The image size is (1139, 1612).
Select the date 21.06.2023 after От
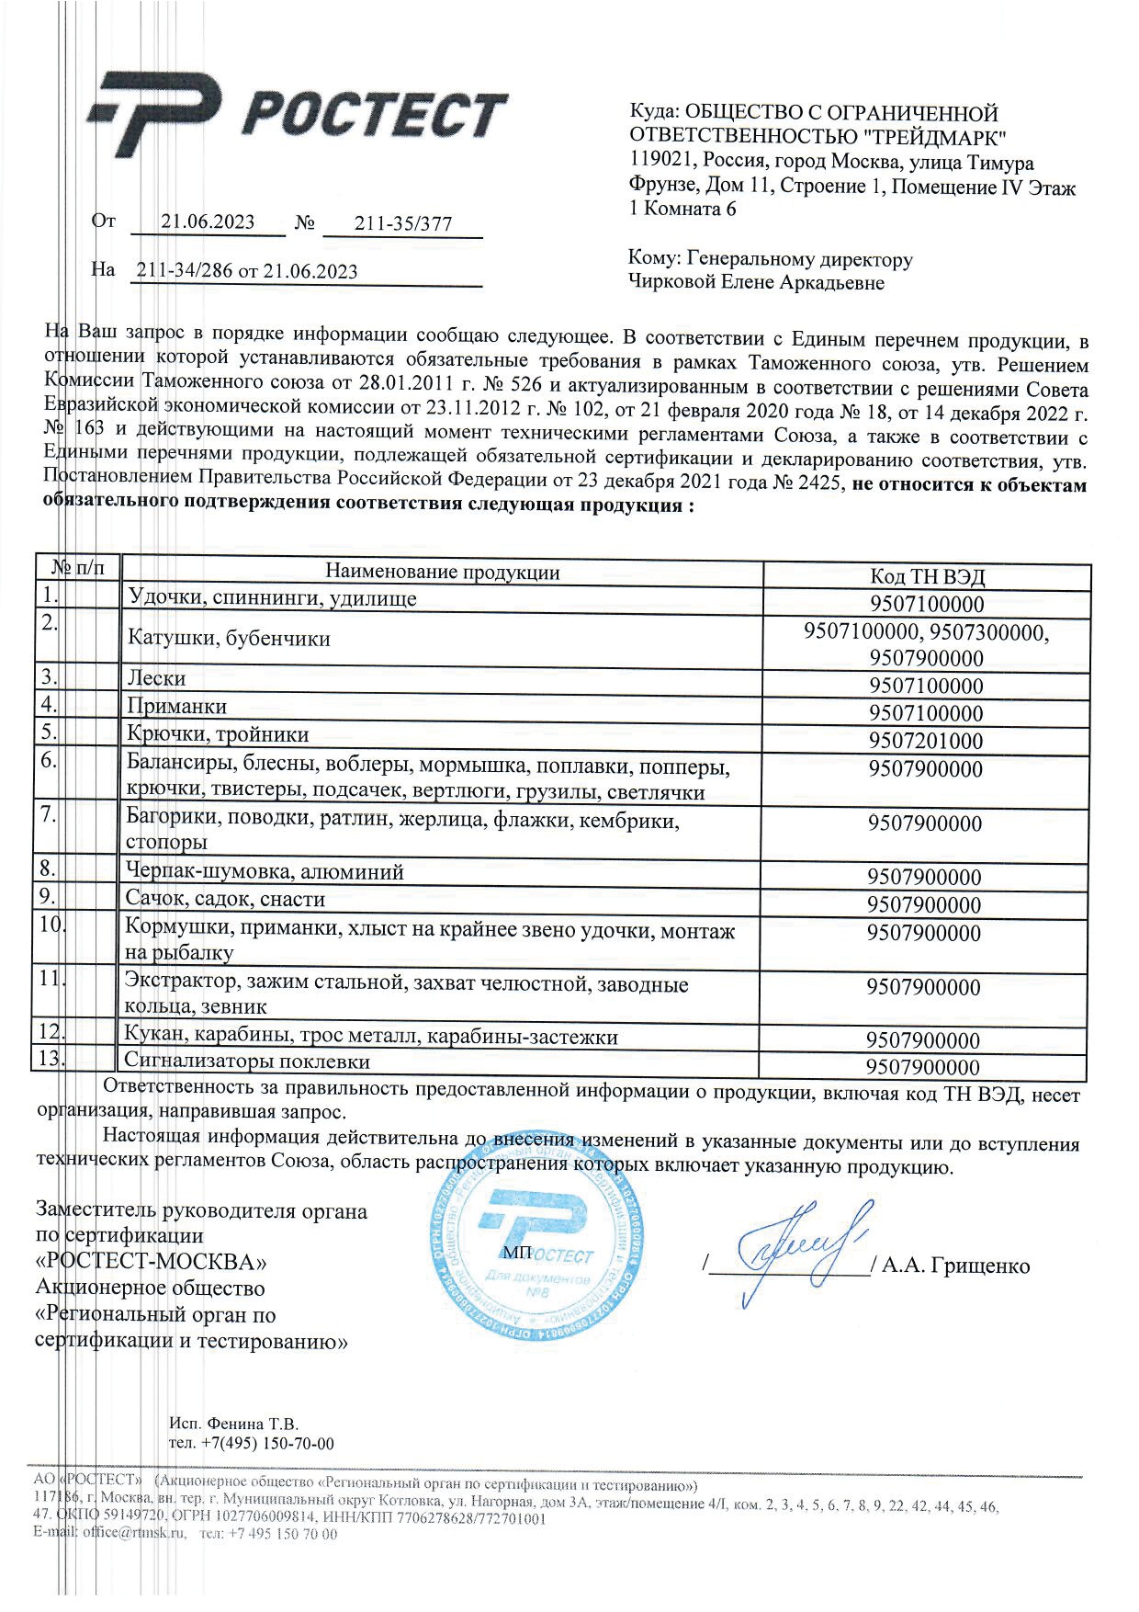(208, 221)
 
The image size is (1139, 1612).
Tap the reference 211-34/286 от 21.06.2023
(246, 271)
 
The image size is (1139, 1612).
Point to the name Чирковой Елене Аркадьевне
(756, 283)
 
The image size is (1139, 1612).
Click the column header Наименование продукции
(442, 572)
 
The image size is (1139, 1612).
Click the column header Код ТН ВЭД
(927, 576)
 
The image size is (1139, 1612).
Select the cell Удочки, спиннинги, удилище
(272, 598)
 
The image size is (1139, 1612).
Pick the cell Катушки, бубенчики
(229, 638)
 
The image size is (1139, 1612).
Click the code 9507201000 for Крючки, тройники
(926, 741)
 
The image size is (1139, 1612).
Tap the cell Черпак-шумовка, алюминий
(265, 871)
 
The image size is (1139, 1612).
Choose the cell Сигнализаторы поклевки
(247, 1061)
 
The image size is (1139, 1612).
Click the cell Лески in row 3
(156, 678)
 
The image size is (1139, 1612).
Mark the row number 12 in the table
(49, 1033)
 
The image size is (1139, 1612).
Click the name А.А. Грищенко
(955, 1266)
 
